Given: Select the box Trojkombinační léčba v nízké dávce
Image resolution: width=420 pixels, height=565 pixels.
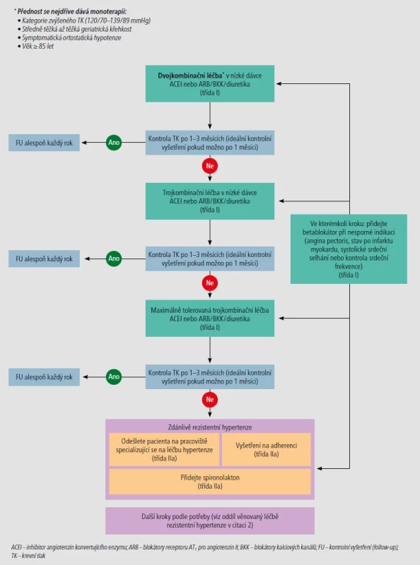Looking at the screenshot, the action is point(209,201).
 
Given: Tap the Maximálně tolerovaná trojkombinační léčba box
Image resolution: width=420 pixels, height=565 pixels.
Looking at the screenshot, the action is point(209,319).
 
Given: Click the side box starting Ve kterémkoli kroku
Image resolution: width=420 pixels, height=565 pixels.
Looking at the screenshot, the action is point(349,249).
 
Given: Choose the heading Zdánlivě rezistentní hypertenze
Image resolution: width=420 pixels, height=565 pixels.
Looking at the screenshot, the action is point(209,427).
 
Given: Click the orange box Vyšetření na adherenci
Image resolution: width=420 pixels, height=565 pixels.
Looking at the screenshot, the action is point(267,450).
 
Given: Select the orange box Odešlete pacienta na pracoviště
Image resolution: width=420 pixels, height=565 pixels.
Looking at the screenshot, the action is point(164,450).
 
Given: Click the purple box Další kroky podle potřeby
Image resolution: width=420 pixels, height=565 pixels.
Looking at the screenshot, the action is point(209,521).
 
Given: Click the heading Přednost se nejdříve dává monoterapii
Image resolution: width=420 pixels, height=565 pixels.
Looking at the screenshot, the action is point(72,11).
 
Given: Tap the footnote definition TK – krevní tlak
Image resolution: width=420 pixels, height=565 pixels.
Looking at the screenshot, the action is point(28,556).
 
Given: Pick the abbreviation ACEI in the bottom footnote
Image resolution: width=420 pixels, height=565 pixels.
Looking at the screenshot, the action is point(16,547).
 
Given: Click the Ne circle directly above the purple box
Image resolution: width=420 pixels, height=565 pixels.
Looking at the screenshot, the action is point(209,399).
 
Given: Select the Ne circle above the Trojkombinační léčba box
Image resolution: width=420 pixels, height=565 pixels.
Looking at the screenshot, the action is point(209,166).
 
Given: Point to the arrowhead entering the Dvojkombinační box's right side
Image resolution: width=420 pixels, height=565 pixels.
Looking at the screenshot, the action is point(279,83).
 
